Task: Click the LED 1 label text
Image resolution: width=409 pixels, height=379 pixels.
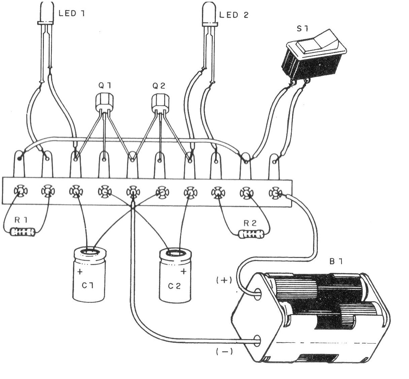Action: click(72, 14)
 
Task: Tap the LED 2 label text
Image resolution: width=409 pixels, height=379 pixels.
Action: click(234, 15)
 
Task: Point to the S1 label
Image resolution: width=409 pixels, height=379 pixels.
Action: click(302, 29)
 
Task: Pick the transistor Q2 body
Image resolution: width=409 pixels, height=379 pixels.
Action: click(159, 102)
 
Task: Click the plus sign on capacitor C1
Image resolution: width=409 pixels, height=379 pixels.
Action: click(80, 271)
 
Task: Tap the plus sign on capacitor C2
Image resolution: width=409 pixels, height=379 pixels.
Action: click(183, 271)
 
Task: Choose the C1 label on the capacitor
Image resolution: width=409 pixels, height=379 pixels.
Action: click(87, 285)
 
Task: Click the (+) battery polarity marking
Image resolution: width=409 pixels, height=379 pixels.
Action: click(224, 280)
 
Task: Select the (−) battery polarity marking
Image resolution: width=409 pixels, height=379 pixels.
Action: click(224, 352)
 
